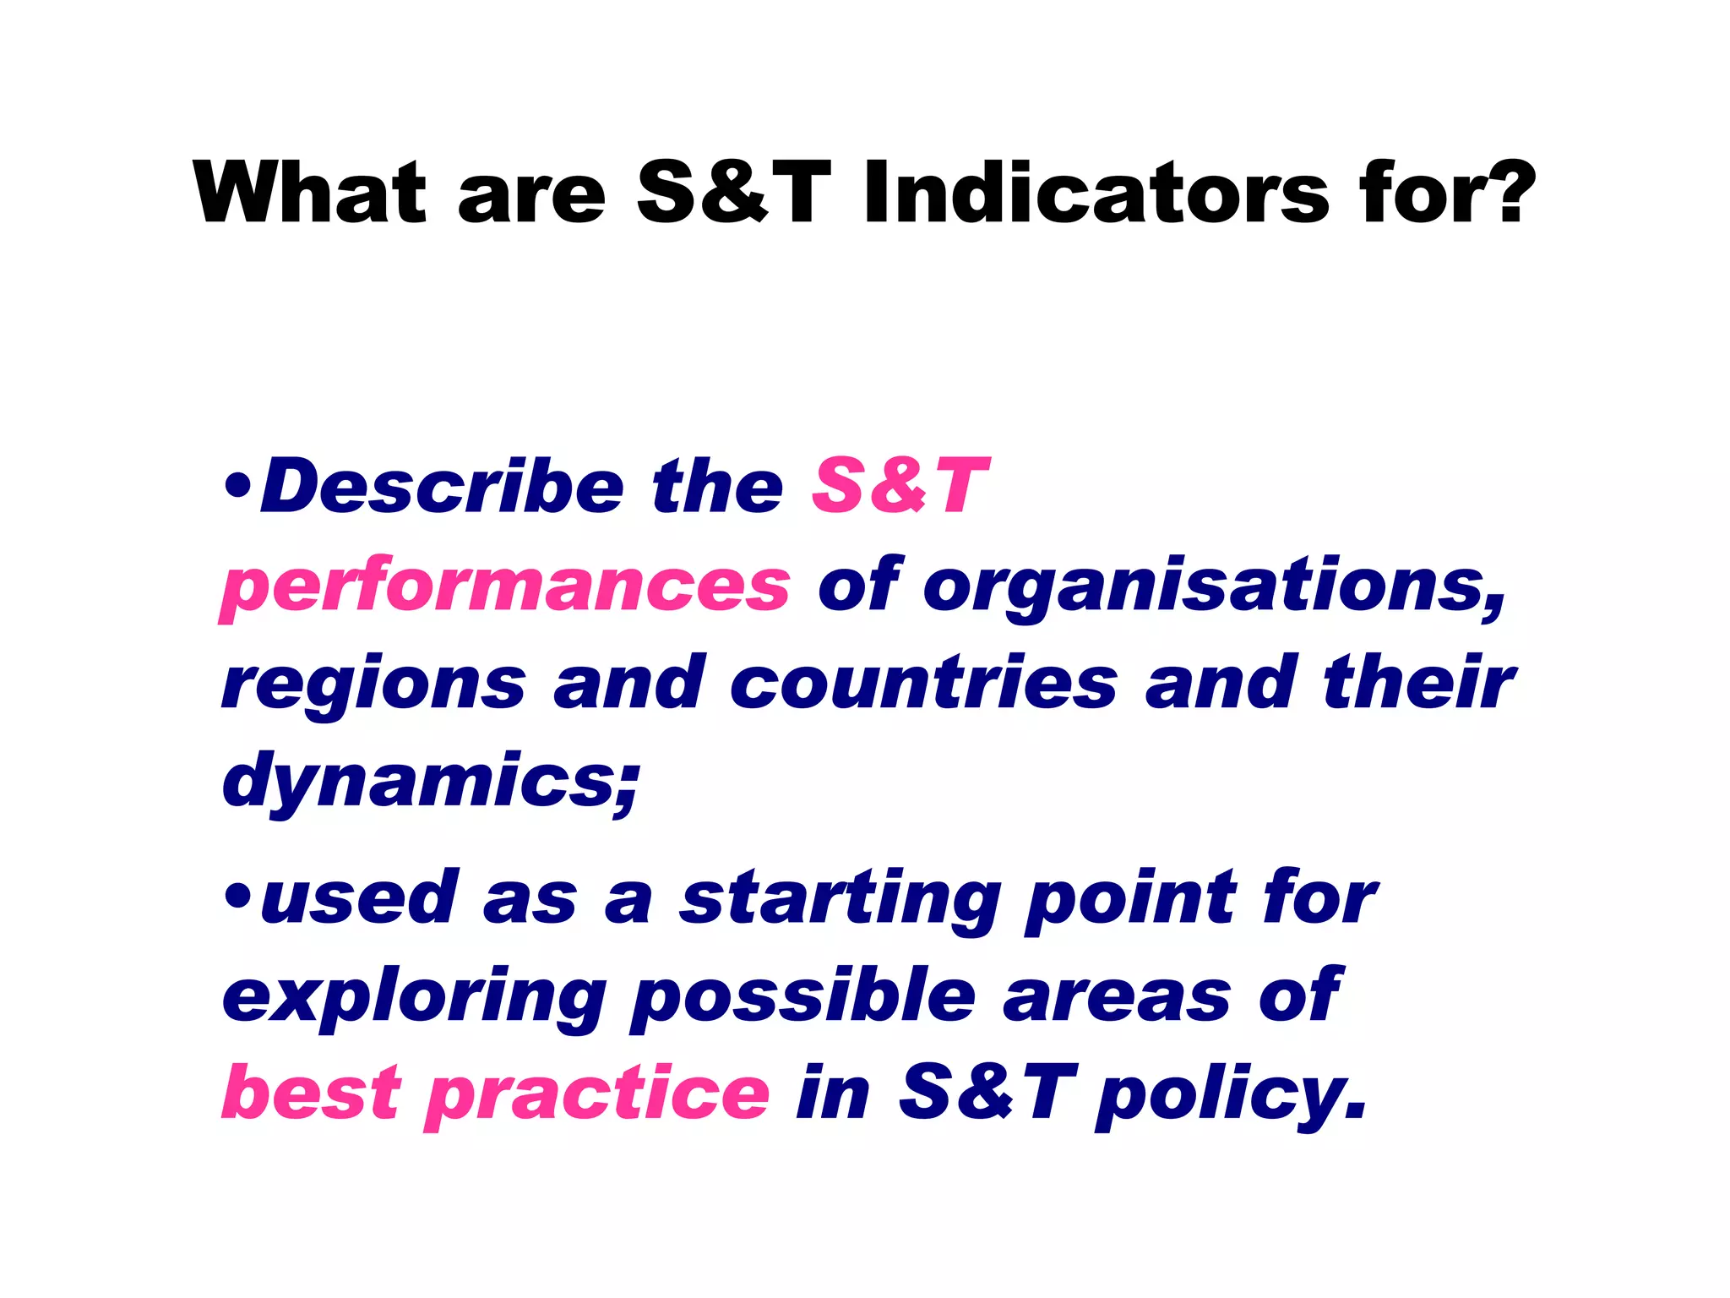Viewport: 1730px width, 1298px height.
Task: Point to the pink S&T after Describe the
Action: (x=899, y=487)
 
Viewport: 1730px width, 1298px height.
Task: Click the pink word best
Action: (x=311, y=1093)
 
